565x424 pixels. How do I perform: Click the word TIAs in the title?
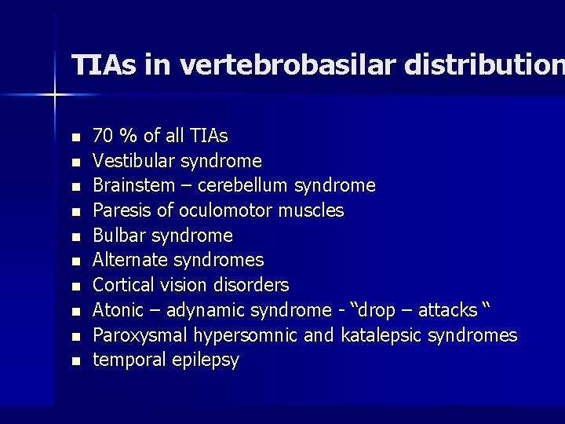pyautogui.click(x=104, y=65)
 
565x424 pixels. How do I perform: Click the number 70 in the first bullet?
pyautogui.click(x=102, y=136)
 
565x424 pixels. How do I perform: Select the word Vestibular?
pyautogui.click(x=133, y=161)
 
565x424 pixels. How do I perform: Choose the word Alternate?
pyautogui.click(x=129, y=260)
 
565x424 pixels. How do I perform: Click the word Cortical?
pyautogui.click(x=124, y=284)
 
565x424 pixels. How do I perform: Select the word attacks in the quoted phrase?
pyautogui.click(x=447, y=310)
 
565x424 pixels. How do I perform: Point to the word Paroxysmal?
pyautogui.click(x=137, y=335)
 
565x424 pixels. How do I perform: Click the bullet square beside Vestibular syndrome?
pyautogui.click(x=75, y=163)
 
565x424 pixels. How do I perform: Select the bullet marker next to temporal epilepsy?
pyautogui.click(x=75, y=362)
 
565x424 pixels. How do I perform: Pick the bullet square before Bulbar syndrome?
pyautogui.click(x=75, y=237)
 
